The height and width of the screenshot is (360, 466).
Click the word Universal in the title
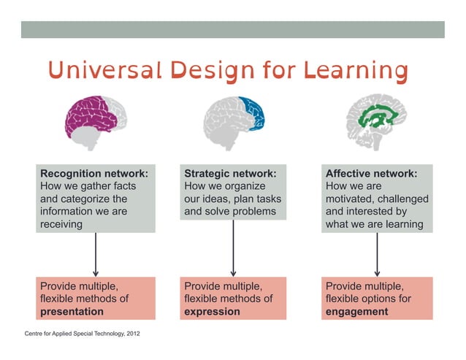104,72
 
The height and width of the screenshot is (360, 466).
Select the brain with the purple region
96,117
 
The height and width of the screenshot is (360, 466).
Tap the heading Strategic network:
230,174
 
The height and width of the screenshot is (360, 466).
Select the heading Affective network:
371,174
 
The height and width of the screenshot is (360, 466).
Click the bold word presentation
72,311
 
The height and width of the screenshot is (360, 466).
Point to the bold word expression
212,311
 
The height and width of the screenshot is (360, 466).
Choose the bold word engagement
356,311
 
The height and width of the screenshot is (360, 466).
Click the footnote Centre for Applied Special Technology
73,334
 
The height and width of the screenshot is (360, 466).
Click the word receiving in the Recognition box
61,225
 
